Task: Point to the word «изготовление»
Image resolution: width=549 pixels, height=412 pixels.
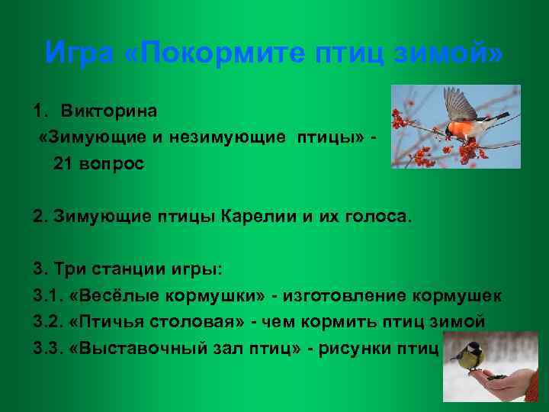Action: [x=358, y=295]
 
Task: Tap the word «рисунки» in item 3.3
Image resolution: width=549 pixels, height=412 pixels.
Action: [x=358, y=348]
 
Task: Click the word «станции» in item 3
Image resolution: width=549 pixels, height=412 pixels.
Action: [x=128, y=269]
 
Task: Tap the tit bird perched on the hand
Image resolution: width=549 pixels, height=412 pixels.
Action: [x=467, y=356]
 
